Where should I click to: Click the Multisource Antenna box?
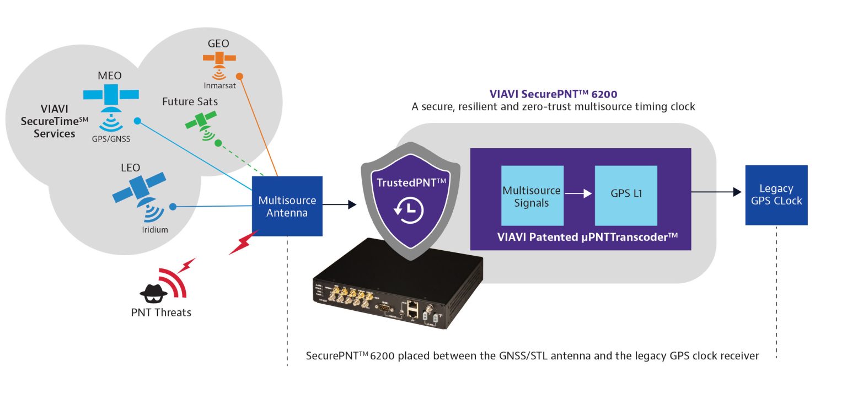[x=287, y=206]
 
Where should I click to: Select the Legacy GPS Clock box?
[x=776, y=195]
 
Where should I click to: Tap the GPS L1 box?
[x=626, y=195]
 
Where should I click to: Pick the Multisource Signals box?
[x=532, y=196]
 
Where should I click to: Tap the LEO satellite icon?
[x=139, y=187]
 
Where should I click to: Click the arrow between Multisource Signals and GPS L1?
[x=579, y=193]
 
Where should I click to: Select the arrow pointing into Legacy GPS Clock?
[x=717, y=192]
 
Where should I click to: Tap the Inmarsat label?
[x=219, y=85]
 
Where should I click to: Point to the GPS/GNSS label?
[x=111, y=139]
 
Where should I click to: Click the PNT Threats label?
[x=161, y=312]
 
